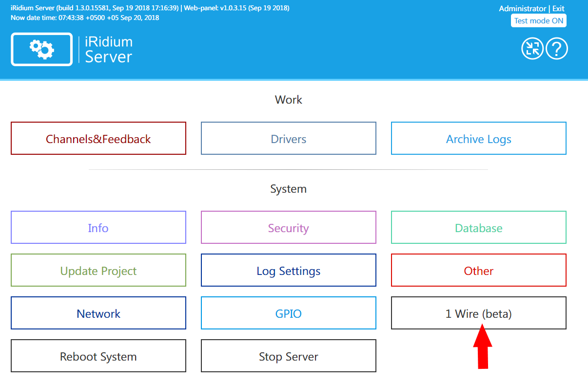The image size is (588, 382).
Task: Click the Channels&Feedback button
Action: pyautogui.click(x=98, y=139)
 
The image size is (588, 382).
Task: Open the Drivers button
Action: pyautogui.click(x=289, y=139)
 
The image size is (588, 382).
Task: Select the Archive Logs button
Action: pyautogui.click(x=479, y=139)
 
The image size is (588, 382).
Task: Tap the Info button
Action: pyautogui.click(x=98, y=228)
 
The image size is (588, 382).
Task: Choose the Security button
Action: pyautogui.click(x=289, y=228)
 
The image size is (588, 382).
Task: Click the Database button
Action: pyautogui.click(x=479, y=228)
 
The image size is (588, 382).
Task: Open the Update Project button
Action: pyautogui.click(x=98, y=271)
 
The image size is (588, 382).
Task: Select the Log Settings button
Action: pyautogui.click(x=289, y=271)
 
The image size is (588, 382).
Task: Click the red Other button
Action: pyautogui.click(x=479, y=271)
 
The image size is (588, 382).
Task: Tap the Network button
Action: pyautogui.click(x=98, y=313)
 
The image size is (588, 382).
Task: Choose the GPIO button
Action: pyautogui.click(x=289, y=313)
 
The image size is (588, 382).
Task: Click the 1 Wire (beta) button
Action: pyautogui.click(x=479, y=313)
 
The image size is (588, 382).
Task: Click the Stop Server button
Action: pyautogui.click(x=289, y=356)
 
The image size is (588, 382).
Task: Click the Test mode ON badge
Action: pyautogui.click(x=539, y=21)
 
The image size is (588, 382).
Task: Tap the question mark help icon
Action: pyautogui.click(x=557, y=49)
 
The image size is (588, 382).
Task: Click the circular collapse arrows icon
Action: pyautogui.click(x=532, y=49)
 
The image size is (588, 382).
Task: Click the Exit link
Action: pyautogui.click(x=558, y=9)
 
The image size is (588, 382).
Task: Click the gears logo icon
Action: pyautogui.click(x=42, y=49)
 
